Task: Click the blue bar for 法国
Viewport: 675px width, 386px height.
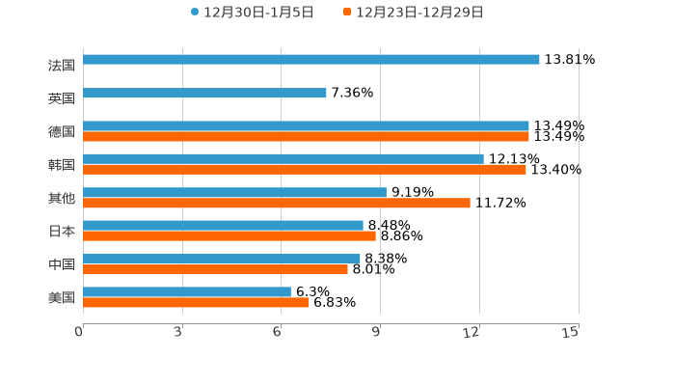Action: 311,59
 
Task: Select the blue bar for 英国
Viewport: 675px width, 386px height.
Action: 204,93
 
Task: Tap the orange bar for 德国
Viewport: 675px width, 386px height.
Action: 306,136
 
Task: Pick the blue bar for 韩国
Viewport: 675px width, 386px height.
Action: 283,158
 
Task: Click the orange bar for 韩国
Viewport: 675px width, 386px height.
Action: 305,169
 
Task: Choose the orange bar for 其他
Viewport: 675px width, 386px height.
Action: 277,203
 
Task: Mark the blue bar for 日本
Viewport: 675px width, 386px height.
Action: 223,225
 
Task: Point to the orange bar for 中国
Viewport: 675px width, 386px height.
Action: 215,269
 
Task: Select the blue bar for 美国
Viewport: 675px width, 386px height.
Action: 187,291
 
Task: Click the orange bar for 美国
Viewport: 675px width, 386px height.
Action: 196,302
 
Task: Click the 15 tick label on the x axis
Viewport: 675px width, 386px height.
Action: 570,331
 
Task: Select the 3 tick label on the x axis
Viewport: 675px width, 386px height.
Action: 179,331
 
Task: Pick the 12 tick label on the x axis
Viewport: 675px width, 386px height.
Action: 472,331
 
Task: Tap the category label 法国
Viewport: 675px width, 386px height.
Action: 62,65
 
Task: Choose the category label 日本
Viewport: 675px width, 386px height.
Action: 62,231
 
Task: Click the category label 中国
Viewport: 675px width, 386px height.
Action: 62,264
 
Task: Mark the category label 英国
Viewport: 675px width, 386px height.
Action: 62,98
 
